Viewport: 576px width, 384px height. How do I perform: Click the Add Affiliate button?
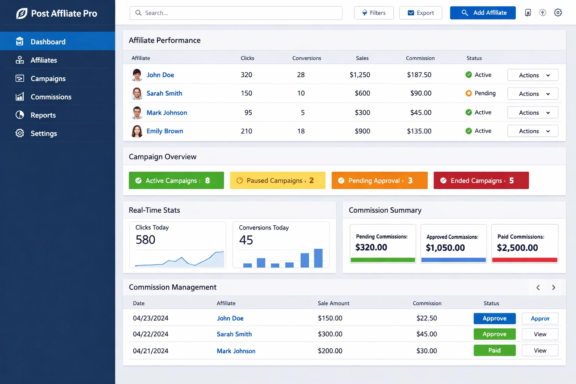pos(483,13)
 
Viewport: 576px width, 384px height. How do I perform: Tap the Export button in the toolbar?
pos(420,13)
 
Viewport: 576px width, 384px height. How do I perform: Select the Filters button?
pos(374,13)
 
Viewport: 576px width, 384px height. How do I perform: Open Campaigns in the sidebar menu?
pos(48,78)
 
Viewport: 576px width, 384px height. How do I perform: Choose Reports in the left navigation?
pos(43,115)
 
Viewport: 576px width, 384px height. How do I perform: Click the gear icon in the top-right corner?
pos(558,13)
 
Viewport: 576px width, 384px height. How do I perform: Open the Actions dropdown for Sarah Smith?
pos(532,94)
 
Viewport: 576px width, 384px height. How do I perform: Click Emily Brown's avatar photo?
pos(137,131)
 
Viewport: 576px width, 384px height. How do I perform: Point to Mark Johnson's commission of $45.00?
pos(421,112)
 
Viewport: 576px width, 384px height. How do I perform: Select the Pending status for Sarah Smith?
pos(481,93)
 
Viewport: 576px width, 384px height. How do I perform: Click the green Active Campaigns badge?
pos(176,180)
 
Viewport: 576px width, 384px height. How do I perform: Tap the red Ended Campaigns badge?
pos(481,180)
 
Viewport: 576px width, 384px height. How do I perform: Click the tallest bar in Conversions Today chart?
pos(318,258)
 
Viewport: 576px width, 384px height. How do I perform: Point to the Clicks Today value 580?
pos(145,240)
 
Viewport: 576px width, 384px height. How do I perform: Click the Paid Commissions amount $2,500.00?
pos(517,247)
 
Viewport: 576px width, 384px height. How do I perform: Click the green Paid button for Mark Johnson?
pos(494,350)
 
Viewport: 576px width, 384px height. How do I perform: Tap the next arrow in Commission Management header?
pos(553,288)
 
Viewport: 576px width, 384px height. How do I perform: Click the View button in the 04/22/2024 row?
pos(540,334)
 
